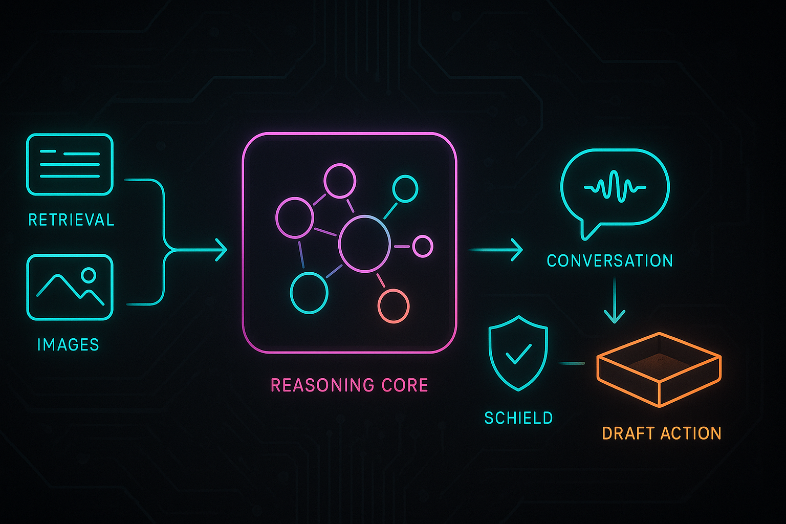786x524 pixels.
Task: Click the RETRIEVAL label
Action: point(71,220)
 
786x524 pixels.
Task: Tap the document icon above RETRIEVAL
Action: point(70,164)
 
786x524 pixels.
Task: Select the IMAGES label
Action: point(68,344)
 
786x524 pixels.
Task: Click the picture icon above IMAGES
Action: point(70,287)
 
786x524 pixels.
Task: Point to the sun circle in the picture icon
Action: point(89,275)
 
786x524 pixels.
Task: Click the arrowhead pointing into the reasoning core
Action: point(222,250)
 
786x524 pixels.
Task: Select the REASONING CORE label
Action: point(349,385)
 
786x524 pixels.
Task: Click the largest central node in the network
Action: point(364,244)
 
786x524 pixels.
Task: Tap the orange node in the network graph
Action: point(393,306)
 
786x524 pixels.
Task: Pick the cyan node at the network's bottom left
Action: point(309,293)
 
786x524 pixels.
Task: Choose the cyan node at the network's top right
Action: point(405,189)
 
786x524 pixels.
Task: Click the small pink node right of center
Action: point(423,246)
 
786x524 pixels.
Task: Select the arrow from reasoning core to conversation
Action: point(496,250)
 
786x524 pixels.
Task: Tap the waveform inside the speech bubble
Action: point(615,187)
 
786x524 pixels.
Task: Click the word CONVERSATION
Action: point(609,260)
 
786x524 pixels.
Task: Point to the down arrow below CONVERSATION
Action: point(614,302)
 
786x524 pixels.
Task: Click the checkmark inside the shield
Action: point(518,353)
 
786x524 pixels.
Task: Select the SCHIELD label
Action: point(518,418)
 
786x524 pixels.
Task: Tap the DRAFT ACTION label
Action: point(661,433)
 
